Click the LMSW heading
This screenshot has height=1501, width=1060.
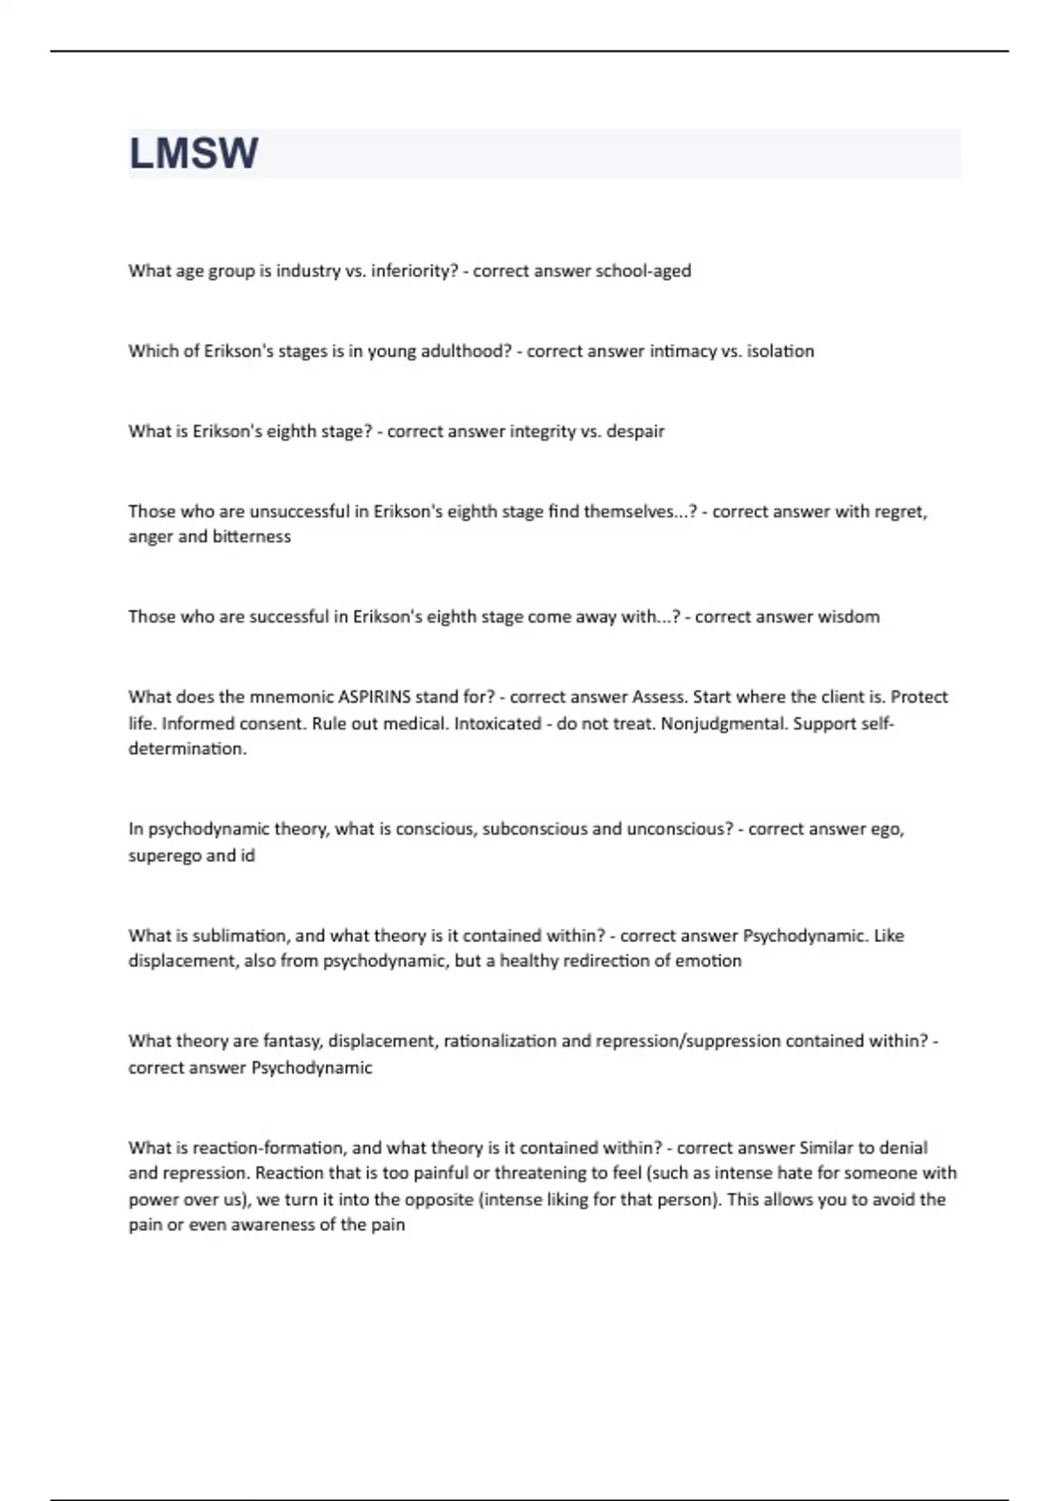coord(193,153)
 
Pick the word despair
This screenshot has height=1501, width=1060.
coord(635,432)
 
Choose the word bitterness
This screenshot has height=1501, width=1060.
coord(251,537)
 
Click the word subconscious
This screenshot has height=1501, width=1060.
coord(534,829)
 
